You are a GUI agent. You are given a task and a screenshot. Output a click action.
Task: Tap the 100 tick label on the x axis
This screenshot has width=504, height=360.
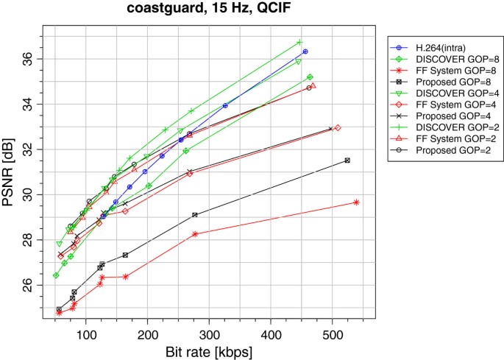pos(86,334)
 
